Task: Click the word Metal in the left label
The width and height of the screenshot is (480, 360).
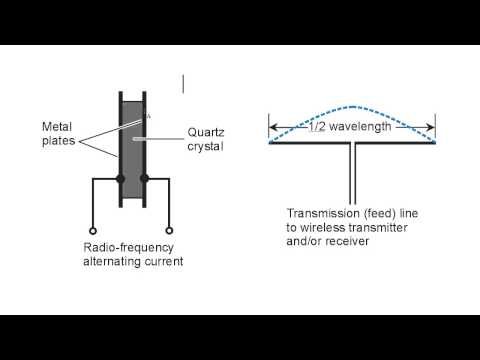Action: pyautogui.click(x=57, y=126)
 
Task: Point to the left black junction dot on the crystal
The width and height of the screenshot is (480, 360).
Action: pyautogui.click(x=120, y=179)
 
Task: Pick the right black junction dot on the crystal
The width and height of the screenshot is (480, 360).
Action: pyautogui.click(x=146, y=179)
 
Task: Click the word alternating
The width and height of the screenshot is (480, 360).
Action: pyautogui.click(x=110, y=261)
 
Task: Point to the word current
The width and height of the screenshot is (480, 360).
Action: pyautogui.click(x=162, y=261)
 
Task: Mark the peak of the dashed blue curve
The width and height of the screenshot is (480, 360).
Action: pyautogui.click(x=352, y=107)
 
